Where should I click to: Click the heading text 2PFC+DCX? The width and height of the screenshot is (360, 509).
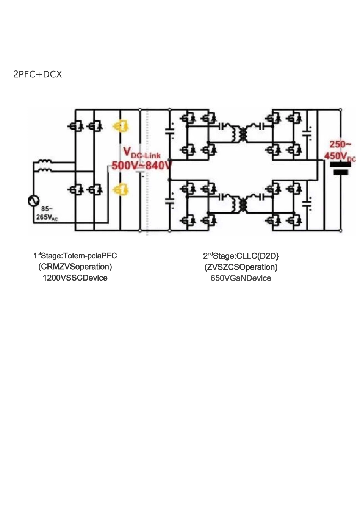[38, 74]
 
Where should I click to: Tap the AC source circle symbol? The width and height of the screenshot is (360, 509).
[34, 201]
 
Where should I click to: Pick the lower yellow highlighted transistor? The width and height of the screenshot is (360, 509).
[121, 189]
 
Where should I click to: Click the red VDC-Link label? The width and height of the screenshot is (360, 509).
[142, 153]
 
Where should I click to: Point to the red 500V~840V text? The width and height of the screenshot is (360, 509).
[141, 165]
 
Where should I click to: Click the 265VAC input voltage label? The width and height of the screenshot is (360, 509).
[47, 217]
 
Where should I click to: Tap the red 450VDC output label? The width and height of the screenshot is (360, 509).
[340, 156]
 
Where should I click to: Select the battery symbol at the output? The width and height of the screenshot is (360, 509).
[340, 169]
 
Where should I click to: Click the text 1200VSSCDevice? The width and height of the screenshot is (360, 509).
[75, 278]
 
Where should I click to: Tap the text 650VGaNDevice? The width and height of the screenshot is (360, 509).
[241, 278]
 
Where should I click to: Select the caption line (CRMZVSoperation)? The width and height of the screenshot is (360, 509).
[75, 267]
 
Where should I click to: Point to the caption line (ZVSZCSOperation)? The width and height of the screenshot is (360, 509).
[241, 267]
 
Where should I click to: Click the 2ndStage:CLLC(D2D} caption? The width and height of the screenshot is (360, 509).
[241, 256]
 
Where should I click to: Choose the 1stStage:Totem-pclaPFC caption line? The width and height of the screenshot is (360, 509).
[75, 256]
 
